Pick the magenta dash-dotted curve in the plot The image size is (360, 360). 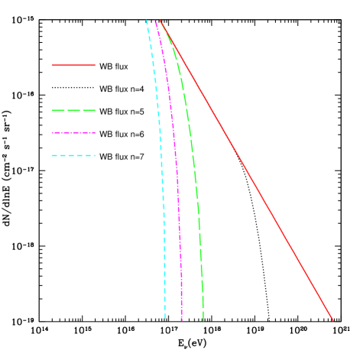177,168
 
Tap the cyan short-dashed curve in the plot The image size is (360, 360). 161,168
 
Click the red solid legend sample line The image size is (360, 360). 74,66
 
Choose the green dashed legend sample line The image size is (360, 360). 74,111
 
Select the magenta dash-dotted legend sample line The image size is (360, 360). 74,133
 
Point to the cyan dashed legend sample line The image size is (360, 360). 74,156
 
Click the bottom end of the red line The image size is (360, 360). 333,320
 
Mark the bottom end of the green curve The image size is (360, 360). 203,320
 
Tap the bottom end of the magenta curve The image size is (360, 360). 182,320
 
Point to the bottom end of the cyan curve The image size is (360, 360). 164,318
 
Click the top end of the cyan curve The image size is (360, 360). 147,20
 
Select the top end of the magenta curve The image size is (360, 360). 155,20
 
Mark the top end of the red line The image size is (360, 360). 160,20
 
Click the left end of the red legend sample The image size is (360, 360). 53,66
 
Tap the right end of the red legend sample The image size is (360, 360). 96,66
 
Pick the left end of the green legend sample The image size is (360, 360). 53,111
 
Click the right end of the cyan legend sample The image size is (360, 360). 96,156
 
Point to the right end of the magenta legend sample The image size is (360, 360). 96,133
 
